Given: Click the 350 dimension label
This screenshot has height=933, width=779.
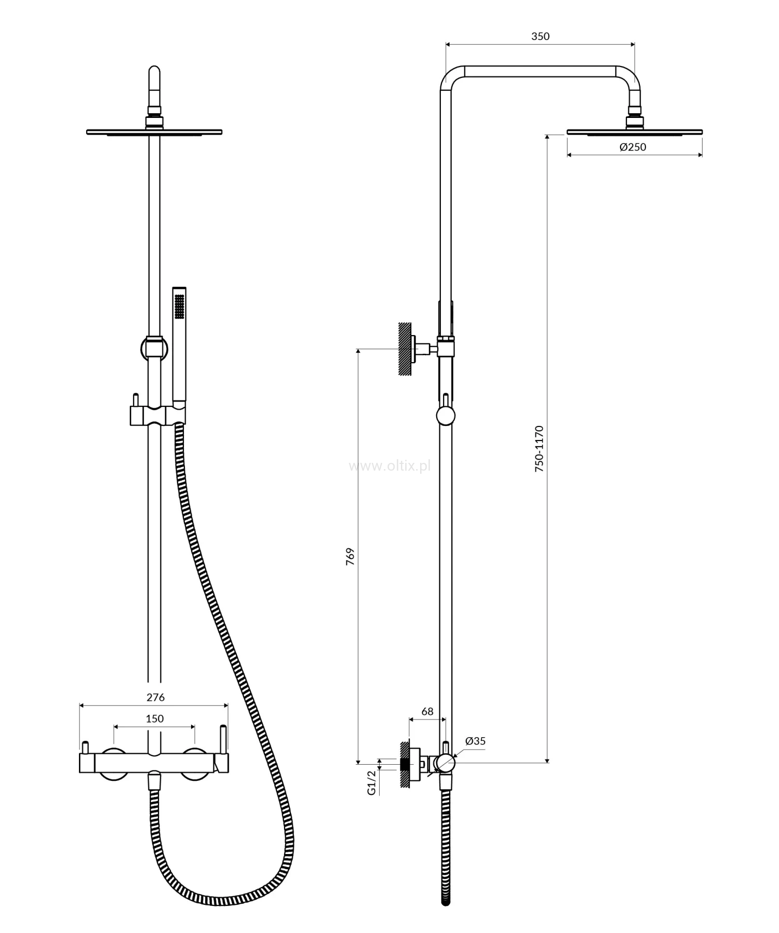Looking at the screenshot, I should (540, 36).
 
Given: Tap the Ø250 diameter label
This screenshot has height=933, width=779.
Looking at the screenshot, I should (633, 147).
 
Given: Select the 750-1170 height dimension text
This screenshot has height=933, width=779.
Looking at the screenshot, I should (539, 449).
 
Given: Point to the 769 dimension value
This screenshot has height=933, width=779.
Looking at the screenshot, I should (351, 556).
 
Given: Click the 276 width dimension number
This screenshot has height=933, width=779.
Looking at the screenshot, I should (155, 697).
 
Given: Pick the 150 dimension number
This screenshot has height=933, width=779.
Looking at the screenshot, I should (155, 718).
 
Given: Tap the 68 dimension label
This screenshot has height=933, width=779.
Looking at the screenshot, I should (427, 712).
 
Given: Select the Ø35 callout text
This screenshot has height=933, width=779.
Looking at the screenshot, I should (475, 741).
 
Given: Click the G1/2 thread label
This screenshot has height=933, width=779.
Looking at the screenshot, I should (371, 782).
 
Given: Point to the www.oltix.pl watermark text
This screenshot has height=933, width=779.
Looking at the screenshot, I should (390, 466).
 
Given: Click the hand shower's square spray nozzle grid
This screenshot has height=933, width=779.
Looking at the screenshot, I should (180, 306).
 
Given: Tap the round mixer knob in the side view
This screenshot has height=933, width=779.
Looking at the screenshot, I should (445, 763).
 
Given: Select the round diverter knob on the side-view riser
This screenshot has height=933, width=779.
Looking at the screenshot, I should (446, 416).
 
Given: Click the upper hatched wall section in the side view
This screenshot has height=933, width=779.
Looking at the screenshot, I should (405, 349).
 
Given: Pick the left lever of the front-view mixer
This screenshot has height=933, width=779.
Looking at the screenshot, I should (85, 748).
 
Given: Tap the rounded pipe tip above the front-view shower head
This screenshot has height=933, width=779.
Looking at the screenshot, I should (154, 74).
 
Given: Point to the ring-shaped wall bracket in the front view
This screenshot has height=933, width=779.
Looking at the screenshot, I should (154, 349).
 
